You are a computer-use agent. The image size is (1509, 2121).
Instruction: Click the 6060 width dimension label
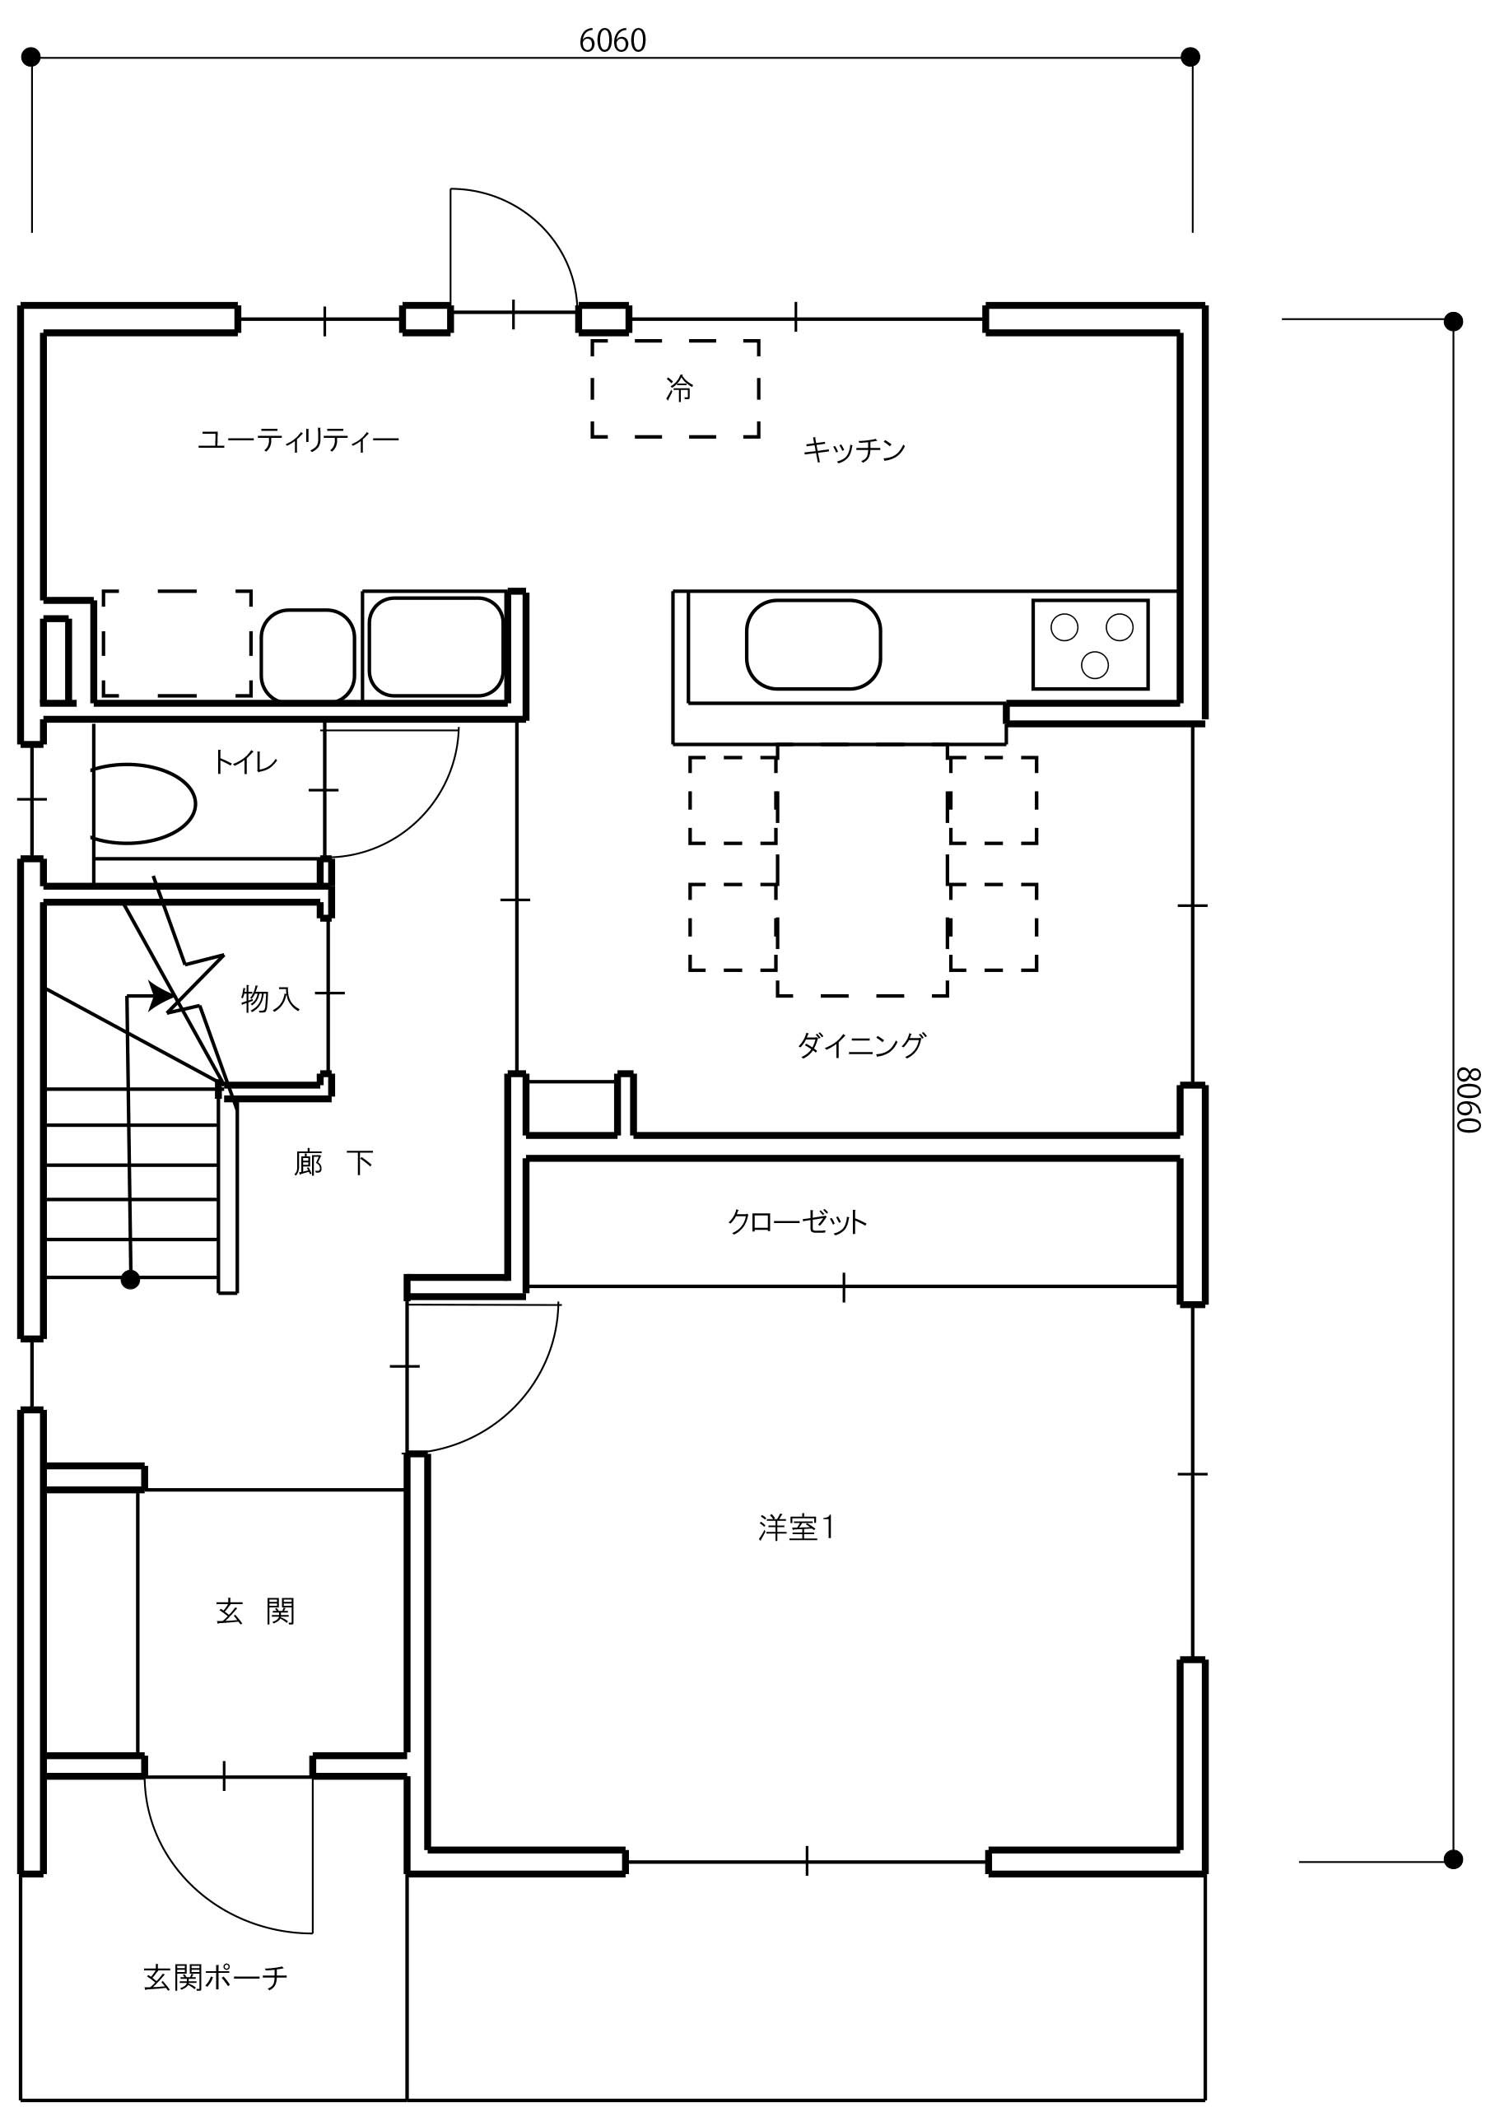point(612,41)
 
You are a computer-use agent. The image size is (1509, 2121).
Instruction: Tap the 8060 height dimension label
point(1468,1099)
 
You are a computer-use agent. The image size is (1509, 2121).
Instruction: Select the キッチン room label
point(854,450)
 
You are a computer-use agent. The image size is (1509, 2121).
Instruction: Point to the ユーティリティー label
point(298,440)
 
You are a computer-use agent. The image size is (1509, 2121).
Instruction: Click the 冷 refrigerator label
point(679,388)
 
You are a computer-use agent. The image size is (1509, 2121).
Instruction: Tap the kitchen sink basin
point(813,644)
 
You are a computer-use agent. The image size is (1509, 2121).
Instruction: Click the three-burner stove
point(1090,644)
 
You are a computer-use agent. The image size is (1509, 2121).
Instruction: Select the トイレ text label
point(245,763)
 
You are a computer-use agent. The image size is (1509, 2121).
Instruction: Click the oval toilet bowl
point(142,803)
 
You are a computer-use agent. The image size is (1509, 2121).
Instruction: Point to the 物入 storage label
point(270,1000)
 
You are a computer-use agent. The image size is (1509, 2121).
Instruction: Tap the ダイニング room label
point(861,1045)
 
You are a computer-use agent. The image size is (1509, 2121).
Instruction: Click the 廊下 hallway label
point(333,1162)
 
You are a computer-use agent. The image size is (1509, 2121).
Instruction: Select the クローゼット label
point(797,1221)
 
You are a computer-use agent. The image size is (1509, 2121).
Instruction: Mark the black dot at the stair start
point(130,1280)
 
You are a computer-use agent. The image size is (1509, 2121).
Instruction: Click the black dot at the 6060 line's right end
point(1190,58)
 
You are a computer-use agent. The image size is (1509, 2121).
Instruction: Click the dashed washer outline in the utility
point(176,643)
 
